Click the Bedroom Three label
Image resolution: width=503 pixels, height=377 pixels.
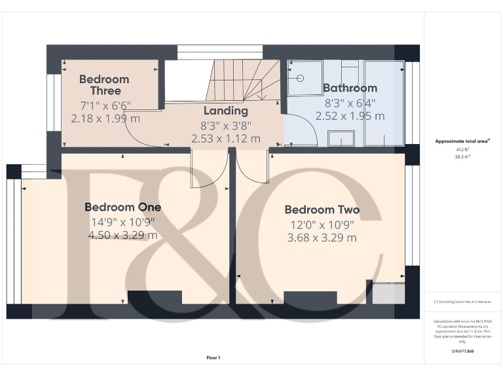pyautogui.click(x=104, y=84)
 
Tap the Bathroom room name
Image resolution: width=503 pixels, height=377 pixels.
pyautogui.click(x=350, y=88)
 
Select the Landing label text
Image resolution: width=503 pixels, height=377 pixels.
pyautogui.click(x=225, y=111)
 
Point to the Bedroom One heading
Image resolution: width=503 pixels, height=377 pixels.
pyautogui.click(x=122, y=207)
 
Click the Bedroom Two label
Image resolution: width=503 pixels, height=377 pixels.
pyautogui.click(x=322, y=209)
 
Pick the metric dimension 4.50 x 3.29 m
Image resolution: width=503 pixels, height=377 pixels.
pyautogui.click(x=122, y=236)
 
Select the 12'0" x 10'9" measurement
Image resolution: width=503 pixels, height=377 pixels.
pyautogui.click(x=322, y=224)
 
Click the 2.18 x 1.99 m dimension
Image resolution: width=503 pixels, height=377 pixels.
pyautogui.click(x=105, y=118)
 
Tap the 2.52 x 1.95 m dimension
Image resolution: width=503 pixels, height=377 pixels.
pyautogui.click(x=350, y=116)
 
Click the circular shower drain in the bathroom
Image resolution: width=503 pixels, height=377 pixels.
pyautogui.click(x=300, y=77)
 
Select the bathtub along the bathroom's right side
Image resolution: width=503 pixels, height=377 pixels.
pyautogui.click(x=384, y=103)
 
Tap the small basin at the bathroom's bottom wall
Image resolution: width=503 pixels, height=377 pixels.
pyautogui.click(x=340, y=137)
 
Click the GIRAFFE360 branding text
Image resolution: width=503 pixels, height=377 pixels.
pyautogui.click(x=462, y=351)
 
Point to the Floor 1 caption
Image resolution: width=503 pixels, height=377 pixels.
pyautogui.click(x=213, y=357)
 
